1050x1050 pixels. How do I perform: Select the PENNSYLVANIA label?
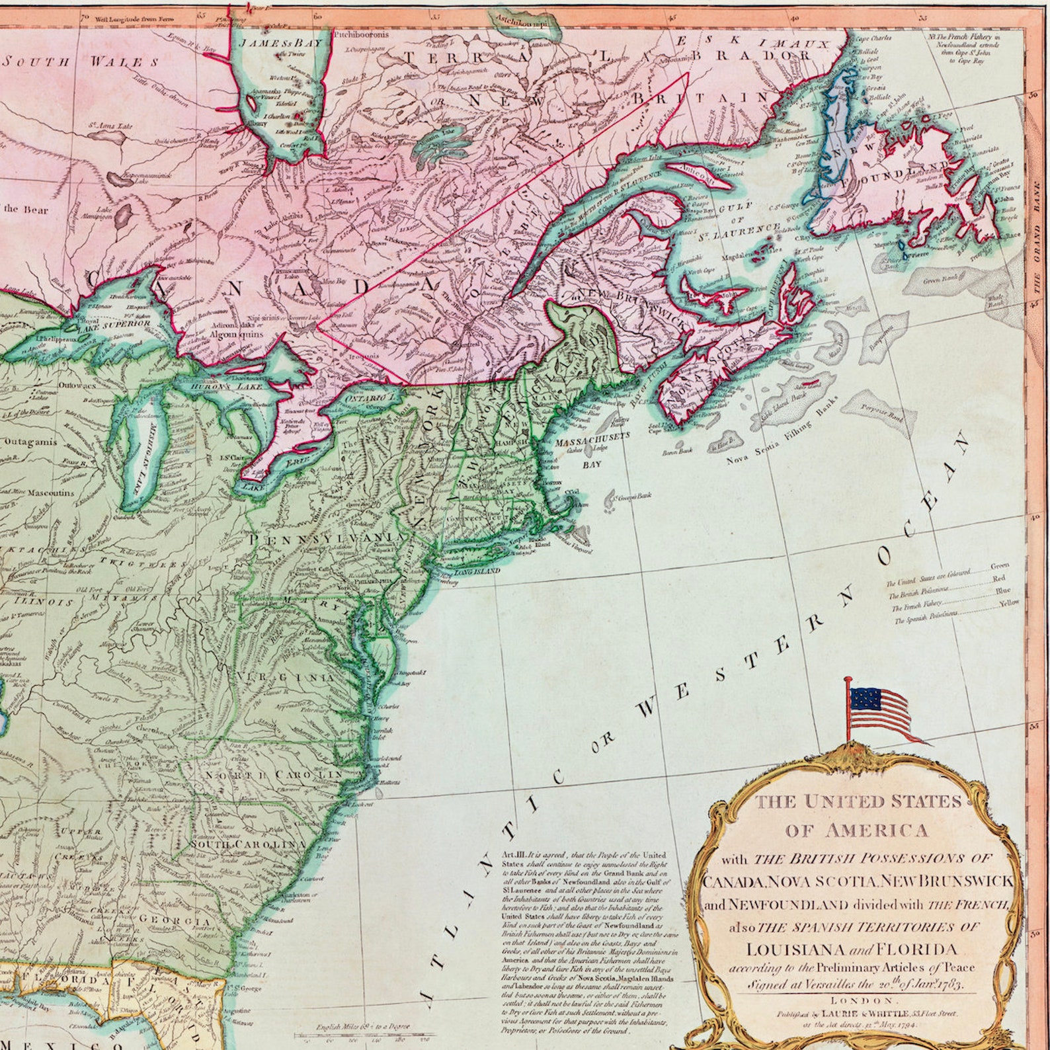pyautogui.click(x=323, y=540)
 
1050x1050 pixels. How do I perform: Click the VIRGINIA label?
pyautogui.click(x=285, y=678)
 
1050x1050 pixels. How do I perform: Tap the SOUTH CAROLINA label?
pyautogui.click(x=247, y=845)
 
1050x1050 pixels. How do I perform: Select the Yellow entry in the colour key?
pyautogui.click(x=1008, y=602)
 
